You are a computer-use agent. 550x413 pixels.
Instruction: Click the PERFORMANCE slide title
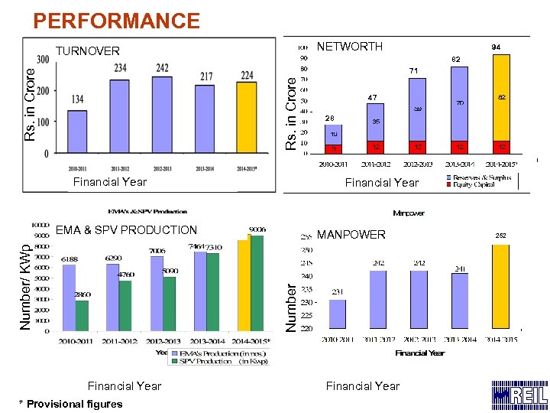(x=117, y=21)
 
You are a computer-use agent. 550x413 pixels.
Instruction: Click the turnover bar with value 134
(x=77, y=132)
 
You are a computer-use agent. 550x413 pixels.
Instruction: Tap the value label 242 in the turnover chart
(x=162, y=68)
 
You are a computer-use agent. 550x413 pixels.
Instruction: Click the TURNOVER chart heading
(x=88, y=51)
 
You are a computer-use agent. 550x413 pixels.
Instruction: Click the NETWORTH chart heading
(x=349, y=47)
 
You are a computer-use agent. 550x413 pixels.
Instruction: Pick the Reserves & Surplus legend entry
(x=484, y=177)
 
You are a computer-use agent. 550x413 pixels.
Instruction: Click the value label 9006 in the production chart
(x=258, y=228)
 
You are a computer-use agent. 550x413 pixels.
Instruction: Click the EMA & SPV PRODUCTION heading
(x=126, y=229)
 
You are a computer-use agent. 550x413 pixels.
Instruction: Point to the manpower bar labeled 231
(x=337, y=314)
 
